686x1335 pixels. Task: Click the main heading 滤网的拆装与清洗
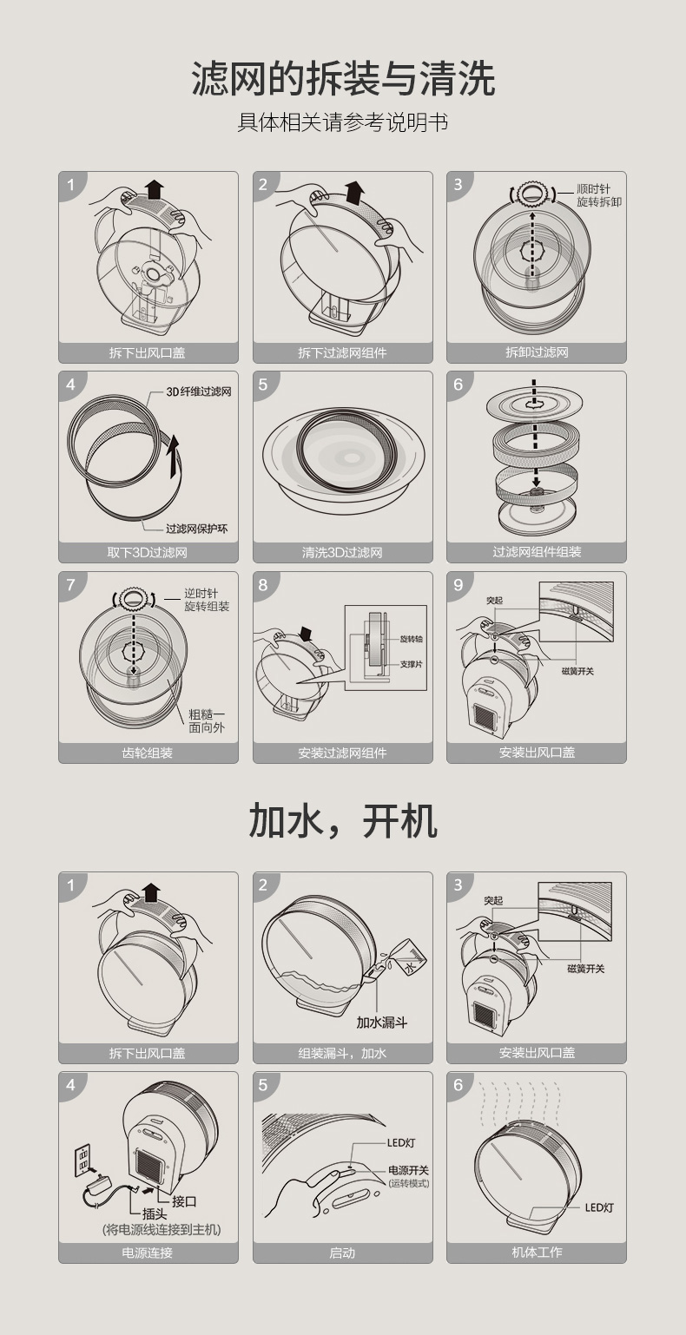pyautogui.click(x=343, y=79)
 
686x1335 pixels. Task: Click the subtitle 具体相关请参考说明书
pyautogui.click(x=343, y=122)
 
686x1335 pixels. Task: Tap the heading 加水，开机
pyautogui.click(x=343, y=821)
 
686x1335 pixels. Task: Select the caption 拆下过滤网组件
pyautogui.click(x=343, y=352)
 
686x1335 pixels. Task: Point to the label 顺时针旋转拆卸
pyautogui.click(x=599, y=195)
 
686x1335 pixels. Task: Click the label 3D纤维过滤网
pyautogui.click(x=199, y=391)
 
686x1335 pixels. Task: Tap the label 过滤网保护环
pyautogui.click(x=196, y=529)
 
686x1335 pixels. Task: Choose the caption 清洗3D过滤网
pyautogui.click(x=342, y=552)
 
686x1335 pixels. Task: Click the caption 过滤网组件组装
pyautogui.click(x=537, y=552)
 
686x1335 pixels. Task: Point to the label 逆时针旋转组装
pyautogui.click(x=207, y=600)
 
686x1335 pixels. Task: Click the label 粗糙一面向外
pyautogui.click(x=207, y=720)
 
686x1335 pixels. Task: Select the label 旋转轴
pyautogui.click(x=412, y=639)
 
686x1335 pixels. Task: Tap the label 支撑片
pyautogui.click(x=412, y=664)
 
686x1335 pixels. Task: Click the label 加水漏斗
pyautogui.click(x=382, y=1023)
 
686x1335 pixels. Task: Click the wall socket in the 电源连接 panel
pyautogui.click(x=82, y=1161)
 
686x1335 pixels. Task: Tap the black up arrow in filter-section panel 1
pyautogui.click(x=155, y=188)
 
